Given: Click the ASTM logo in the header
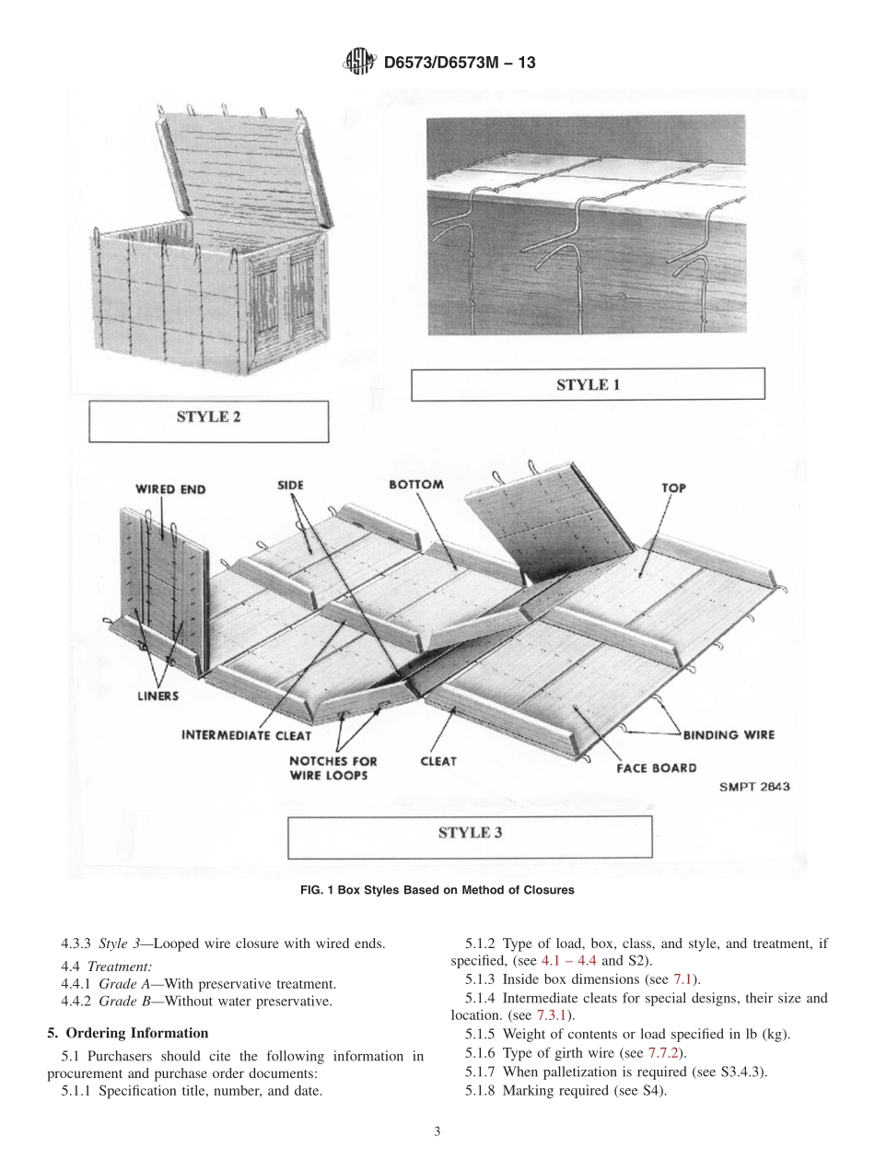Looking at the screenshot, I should pyautogui.click(x=357, y=62).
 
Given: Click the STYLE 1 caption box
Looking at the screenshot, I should pyautogui.click(x=587, y=384).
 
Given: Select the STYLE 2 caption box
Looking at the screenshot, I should pyautogui.click(x=208, y=417).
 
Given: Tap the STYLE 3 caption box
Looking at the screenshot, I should pyautogui.click(x=470, y=833).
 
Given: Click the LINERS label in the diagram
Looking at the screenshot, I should pyautogui.click(x=157, y=696).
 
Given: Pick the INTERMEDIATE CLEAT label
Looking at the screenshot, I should pyautogui.click(x=246, y=735).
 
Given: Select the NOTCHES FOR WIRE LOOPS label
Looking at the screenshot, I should pyautogui.click(x=332, y=768).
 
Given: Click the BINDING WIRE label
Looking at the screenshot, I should pyautogui.click(x=728, y=734).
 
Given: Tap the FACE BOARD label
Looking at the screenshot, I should pyautogui.click(x=656, y=768).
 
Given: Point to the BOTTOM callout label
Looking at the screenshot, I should pyautogui.click(x=416, y=485).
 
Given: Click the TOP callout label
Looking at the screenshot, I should pyautogui.click(x=672, y=487).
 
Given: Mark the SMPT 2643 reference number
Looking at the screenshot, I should pyautogui.click(x=753, y=787).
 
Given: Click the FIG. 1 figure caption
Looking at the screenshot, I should pyautogui.click(x=437, y=890).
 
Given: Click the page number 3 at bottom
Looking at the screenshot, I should pyautogui.click(x=437, y=1131).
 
